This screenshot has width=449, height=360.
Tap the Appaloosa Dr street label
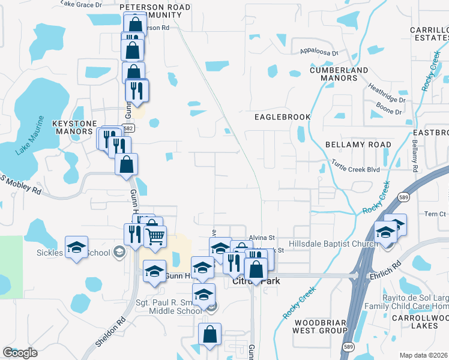[319, 52]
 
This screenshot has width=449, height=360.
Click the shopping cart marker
[155, 238]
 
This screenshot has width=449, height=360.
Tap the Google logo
[20, 353]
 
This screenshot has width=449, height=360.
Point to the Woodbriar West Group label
[319, 326]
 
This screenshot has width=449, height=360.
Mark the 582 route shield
[128, 128]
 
